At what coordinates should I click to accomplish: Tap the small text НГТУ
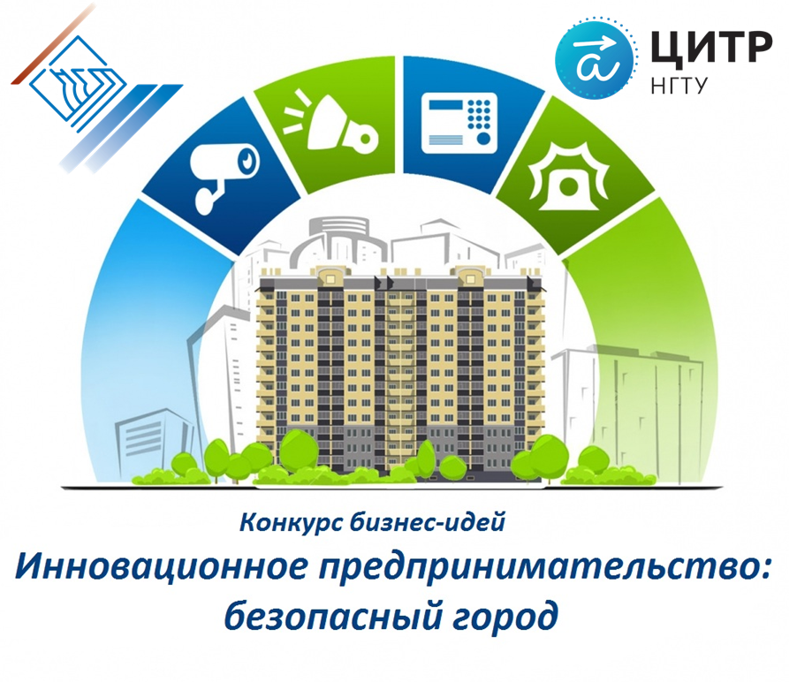tap(679, 85)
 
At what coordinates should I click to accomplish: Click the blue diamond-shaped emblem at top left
tap(77, 84)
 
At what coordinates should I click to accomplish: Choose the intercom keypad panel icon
tap(459, 123)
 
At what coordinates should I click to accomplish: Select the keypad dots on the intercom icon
tap(479, 114)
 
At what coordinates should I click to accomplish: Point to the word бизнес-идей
tap(428, 523)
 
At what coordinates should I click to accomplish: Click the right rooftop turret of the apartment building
tap(470, 277)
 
